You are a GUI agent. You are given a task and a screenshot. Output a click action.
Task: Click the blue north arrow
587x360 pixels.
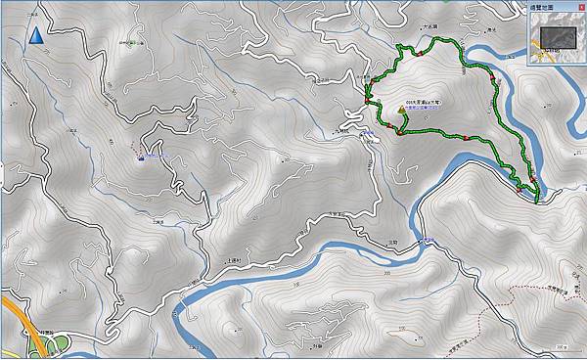click(x=35, y=36)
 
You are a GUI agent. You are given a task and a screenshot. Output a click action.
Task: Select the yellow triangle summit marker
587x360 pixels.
click(x=400, y=112)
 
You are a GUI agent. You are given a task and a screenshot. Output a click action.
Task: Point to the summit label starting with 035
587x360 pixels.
click(x=422, y=101)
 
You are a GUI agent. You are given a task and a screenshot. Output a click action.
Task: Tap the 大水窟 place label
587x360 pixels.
click(x=425, y=41)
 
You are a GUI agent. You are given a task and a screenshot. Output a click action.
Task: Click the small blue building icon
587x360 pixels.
click(x=143, y=153)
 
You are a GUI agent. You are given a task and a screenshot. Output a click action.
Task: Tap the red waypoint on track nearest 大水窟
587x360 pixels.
click(x=422, y=54)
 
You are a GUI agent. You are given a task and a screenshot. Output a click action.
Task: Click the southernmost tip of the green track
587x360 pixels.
click(x=537, y=201)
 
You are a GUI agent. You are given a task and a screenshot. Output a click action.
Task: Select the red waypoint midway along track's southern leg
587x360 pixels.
click(x=468, y=138)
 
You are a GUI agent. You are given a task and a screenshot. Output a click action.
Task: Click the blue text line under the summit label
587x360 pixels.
click(x=422, y=110)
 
